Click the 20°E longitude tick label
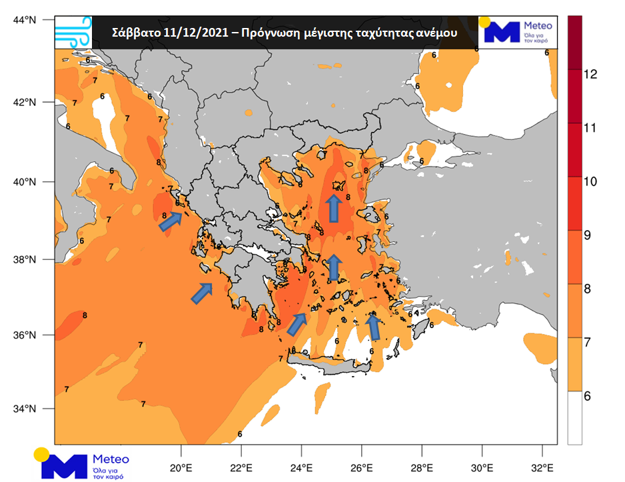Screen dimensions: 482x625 pyautogui.click(x=181, y=466)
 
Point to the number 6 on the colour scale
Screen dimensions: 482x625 pyautogui.click(x=588, y=396)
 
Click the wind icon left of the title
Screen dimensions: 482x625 pyautogui.click(x=73, y=32)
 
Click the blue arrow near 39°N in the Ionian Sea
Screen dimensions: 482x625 pyautogui.click(x=171, y=221)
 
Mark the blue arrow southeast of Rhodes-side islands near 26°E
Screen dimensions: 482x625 pyautogui.click(x=374, y=326)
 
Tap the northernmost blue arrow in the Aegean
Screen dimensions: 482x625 pyautogui.click(x=332, y=208)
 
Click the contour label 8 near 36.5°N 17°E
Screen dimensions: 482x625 pyautogui.click(x=85, y=315)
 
